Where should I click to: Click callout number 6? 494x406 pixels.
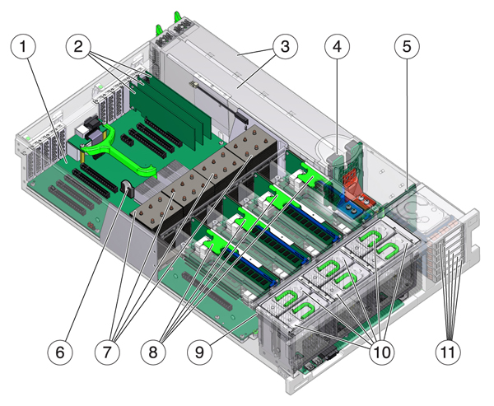[x=60, y=352]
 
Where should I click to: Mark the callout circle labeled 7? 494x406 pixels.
[x=115, y=352]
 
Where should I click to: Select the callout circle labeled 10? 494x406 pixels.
[x=380, y=352]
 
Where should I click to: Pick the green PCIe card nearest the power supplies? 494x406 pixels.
[x=198, y=124]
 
